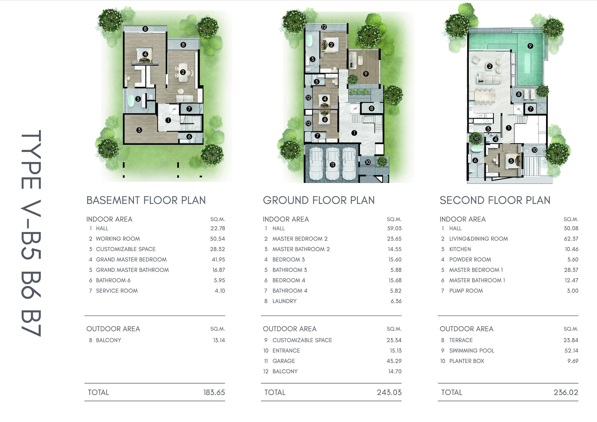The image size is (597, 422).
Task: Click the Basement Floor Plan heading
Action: coord(146,200)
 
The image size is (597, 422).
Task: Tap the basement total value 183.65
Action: coord(214,392)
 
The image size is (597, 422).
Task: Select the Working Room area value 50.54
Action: coord(217,239)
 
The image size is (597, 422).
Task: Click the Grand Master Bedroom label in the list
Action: coord(131,259)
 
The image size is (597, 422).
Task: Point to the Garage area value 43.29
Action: coord(394,361)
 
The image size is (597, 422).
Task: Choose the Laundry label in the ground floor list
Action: coord(285,301)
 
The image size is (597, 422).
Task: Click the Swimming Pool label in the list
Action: coord(472,351)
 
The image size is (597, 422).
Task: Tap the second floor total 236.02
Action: coord(566,392)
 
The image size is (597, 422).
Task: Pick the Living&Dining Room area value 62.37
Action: coord(571,239)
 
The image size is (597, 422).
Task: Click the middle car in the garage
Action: coord(332,164)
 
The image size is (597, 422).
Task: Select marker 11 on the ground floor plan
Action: coord(332,165)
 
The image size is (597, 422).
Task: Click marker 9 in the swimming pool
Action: coord(530,46)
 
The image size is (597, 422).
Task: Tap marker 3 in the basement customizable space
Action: coord(139,130)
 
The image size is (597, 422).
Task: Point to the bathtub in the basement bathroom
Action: coord(131,101)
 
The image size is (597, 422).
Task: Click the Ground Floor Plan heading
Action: coord(319,200)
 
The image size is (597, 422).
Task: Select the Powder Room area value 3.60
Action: coord(572,259)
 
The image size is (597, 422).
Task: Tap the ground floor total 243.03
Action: coord(389,392)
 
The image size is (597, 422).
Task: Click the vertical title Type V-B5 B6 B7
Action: coord(31,234)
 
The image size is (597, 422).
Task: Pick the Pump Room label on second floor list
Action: coord(466,291)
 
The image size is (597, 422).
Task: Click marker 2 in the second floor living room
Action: coord(490,66)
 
